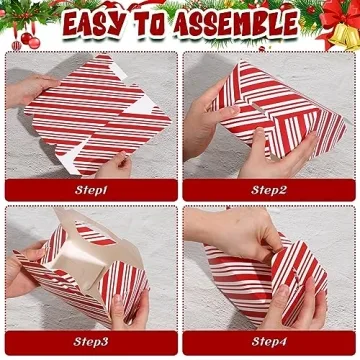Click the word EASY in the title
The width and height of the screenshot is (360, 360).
(100, 23)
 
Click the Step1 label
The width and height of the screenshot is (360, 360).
(91, 188)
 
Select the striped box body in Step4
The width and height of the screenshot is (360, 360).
(270, 285)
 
